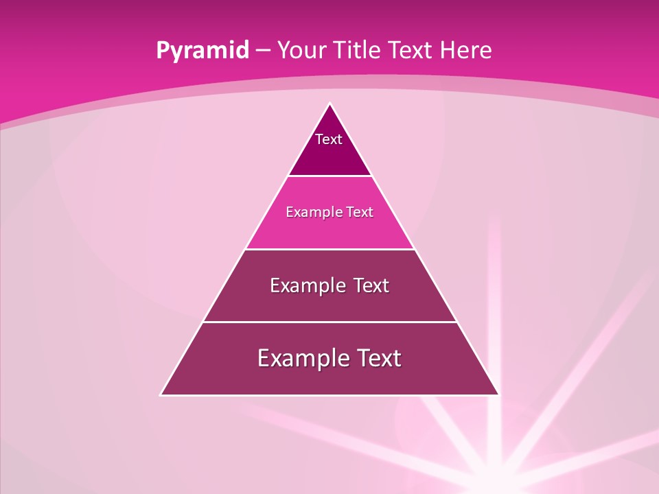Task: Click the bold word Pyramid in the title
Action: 203,51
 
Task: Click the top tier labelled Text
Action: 329,148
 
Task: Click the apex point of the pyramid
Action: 329,104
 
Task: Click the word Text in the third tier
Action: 371,285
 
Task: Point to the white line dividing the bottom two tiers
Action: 329,322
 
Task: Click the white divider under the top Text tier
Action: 329,176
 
